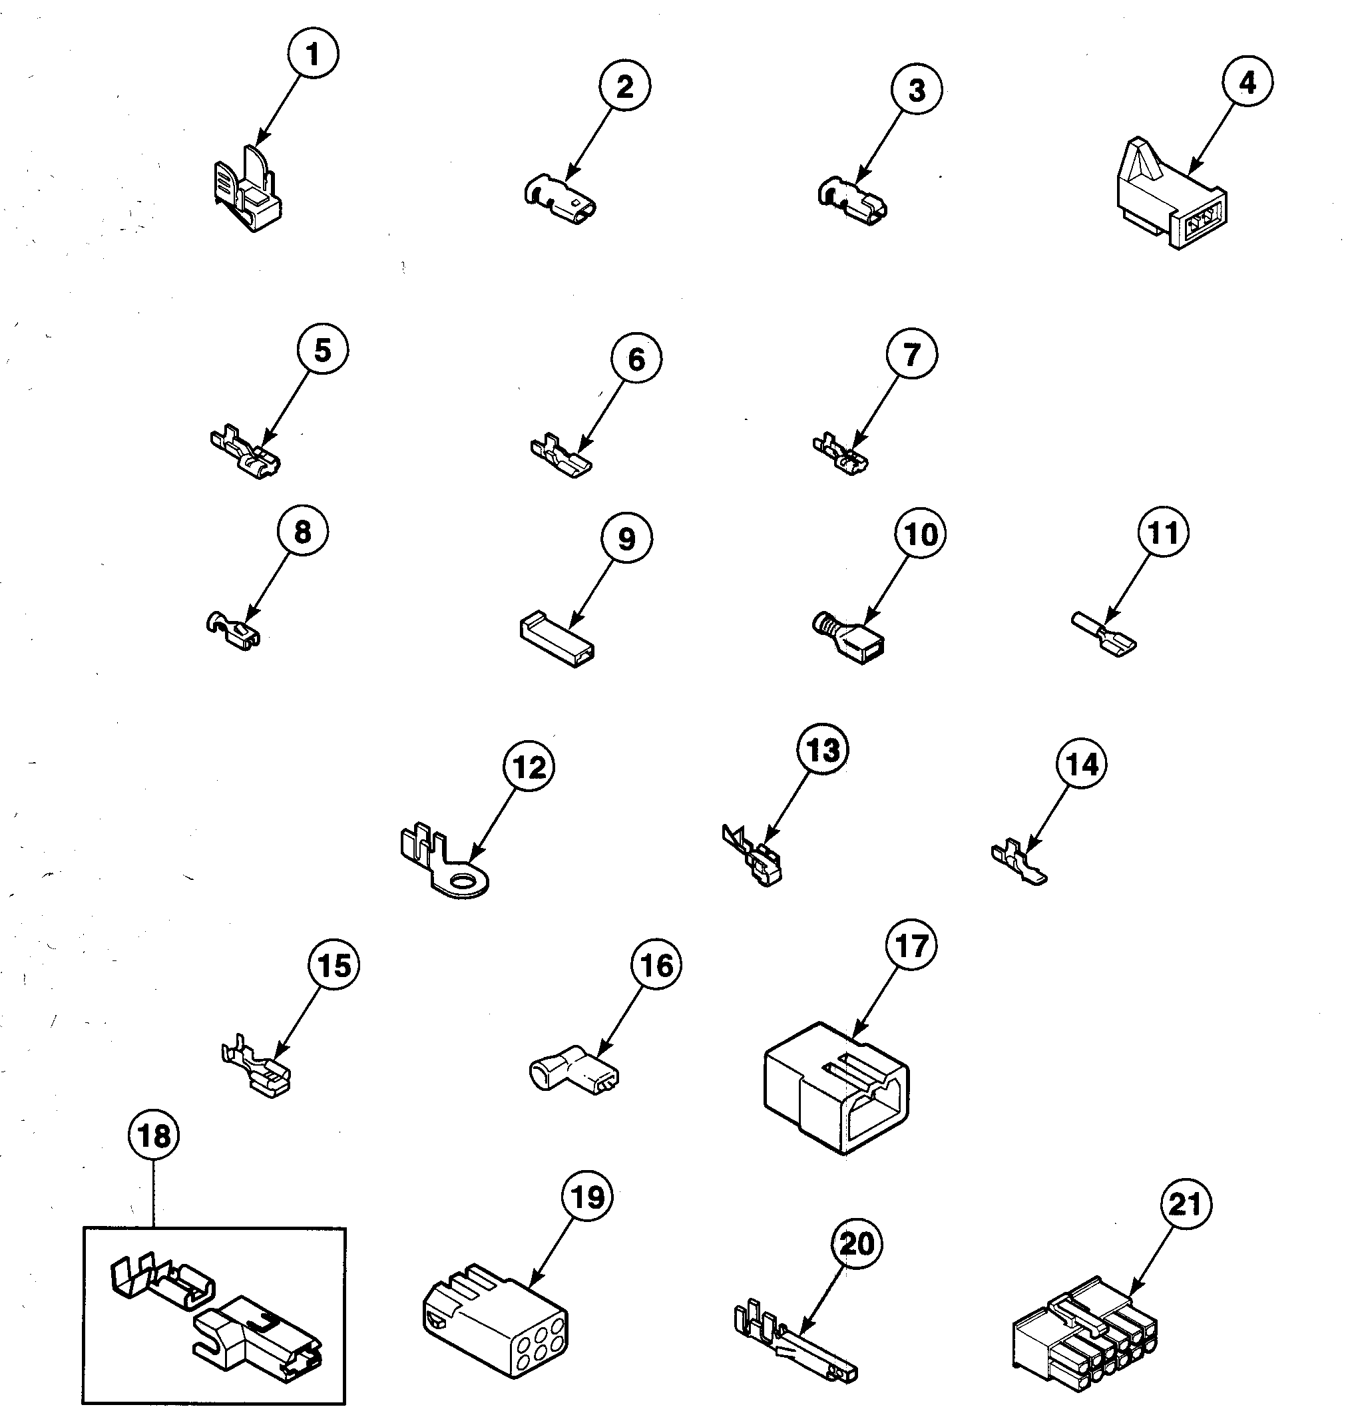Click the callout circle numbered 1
tap(312, 54)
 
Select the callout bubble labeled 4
tap(1247, 83)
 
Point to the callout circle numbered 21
tap(1186, 1204)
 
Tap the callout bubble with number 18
tap(154, 1136)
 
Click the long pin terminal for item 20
tap(795, 1344)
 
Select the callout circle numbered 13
tap(823, 750)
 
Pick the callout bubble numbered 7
tap(911, 354)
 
